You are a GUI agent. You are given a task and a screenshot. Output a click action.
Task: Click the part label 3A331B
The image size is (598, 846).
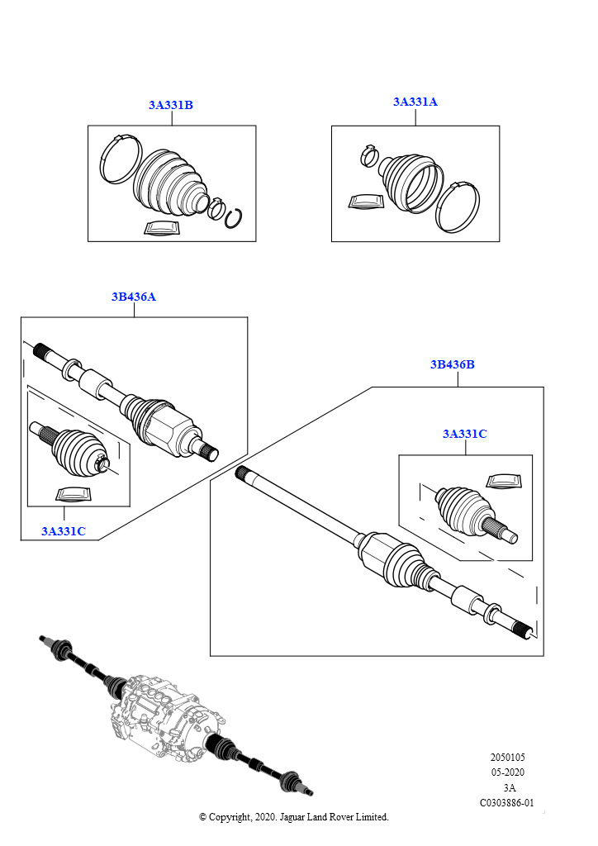(171, 105)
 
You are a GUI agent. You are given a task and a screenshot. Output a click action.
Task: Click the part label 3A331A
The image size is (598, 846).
(415, 102)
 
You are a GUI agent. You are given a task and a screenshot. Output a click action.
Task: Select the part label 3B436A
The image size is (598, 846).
(134, 297)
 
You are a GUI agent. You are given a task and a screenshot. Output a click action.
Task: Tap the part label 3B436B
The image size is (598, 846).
(452, 364)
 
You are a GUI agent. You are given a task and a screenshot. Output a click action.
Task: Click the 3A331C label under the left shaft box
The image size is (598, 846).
(64, 530)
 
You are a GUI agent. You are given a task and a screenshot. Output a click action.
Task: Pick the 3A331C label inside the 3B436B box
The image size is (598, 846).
(464, 434)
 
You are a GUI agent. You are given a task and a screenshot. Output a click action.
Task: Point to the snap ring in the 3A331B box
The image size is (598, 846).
(234, 216)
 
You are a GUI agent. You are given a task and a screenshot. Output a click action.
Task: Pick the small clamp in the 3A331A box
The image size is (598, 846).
(370, 154)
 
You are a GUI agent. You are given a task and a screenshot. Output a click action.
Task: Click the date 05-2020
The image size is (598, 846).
(507, 772)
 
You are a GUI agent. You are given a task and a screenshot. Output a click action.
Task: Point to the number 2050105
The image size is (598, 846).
(507, 758)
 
